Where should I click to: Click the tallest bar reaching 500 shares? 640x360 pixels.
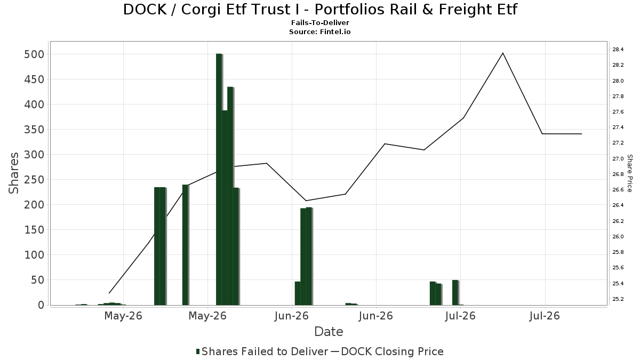219,179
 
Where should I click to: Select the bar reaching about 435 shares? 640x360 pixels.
230,196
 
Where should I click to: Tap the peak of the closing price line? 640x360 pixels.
503,53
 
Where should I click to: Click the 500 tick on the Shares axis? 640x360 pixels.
34,54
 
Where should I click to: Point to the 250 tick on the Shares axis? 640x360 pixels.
34,180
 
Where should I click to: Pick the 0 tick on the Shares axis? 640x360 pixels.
42,305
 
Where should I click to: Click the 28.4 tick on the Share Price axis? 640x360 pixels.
618,50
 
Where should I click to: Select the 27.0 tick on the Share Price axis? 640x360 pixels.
618,158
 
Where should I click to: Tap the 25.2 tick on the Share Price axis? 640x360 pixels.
618,299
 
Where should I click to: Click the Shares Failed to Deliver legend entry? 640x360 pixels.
262,351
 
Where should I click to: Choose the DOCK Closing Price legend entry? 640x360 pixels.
387,351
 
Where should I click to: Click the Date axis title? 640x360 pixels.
329,332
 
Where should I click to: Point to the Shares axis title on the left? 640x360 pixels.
13,173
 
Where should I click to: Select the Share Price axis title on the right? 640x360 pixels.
629,173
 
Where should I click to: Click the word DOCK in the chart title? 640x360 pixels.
145,10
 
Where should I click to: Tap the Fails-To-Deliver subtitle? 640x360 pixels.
320,22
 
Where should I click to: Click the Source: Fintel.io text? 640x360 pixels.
319,31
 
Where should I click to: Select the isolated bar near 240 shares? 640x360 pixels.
186,245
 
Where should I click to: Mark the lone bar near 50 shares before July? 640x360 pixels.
455,293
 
